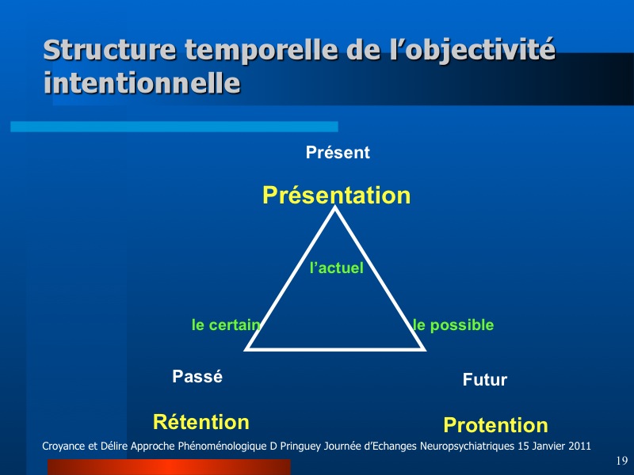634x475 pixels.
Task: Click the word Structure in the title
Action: point(109,49)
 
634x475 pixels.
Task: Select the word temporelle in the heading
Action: point(262,49)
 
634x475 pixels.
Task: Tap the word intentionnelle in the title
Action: point(142,83)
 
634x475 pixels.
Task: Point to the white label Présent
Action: point(338,152)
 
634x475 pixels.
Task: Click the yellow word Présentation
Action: point(336,196)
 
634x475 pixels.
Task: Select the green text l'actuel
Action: point(336,268)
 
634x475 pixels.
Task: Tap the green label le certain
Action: point(226,325)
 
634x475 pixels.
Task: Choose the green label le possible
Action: point(453,325)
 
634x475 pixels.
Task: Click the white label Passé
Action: point(197,377)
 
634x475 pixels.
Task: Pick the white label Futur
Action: point(485,380)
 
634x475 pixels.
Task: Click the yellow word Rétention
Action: point(201,422)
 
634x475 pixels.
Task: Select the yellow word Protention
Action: point(496,425)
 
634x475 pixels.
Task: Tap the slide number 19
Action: point(622,461)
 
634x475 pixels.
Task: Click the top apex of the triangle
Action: point(334,207)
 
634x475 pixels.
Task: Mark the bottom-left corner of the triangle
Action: point(245,350)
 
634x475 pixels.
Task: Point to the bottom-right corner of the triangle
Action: point(425,350)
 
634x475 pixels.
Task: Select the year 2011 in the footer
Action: point(579,446)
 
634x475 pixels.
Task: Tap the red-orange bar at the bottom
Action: point(169,467)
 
